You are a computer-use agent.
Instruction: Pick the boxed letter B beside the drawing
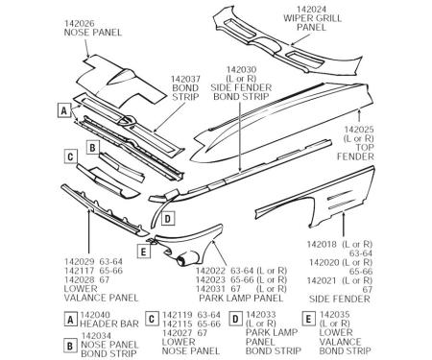93,148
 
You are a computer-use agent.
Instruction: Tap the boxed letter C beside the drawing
70,156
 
